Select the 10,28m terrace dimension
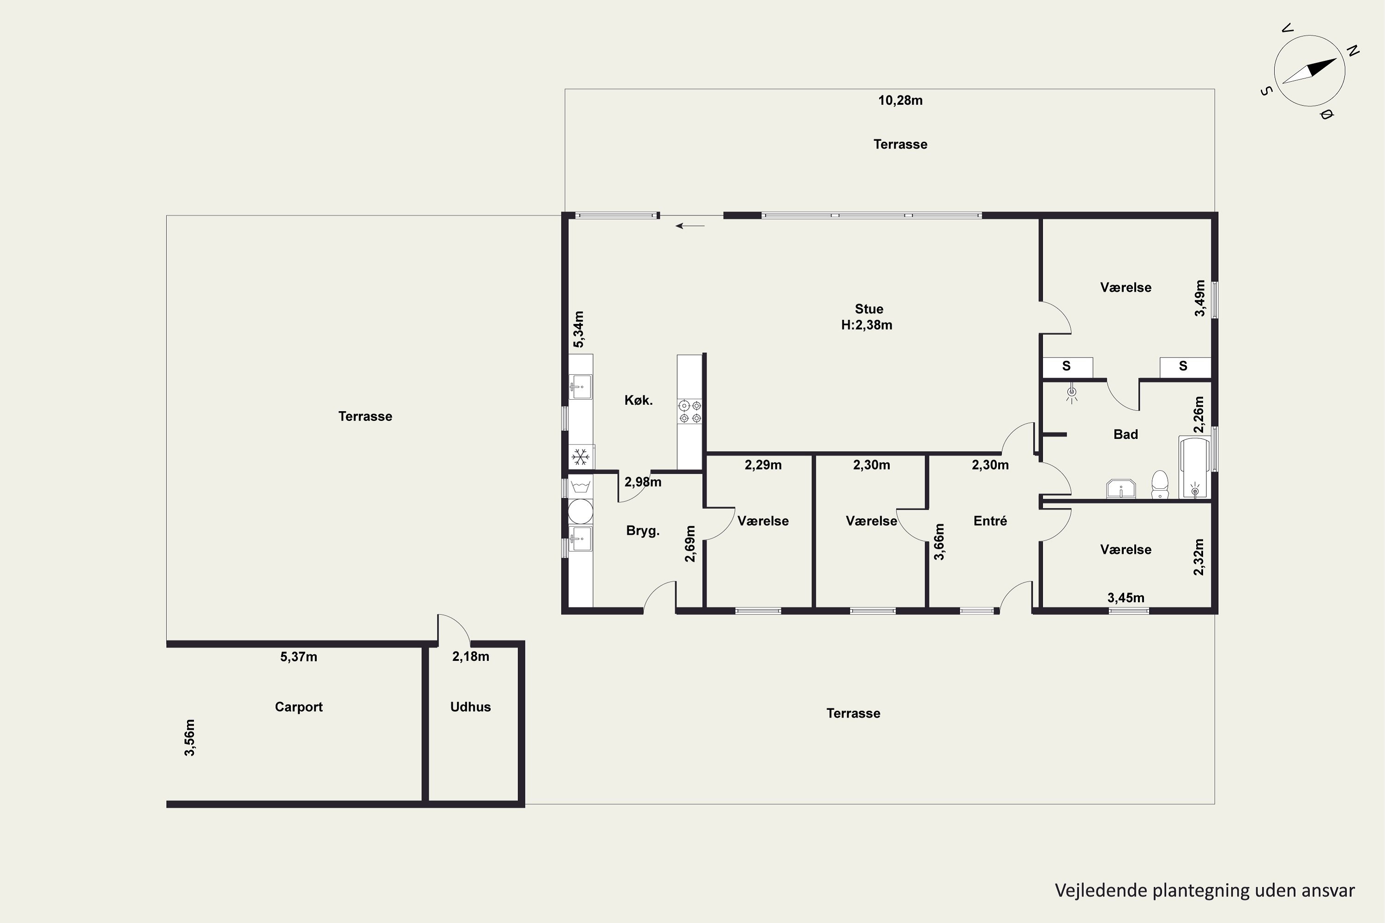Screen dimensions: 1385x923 (900, 101)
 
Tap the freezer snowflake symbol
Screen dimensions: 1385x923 (581, 456)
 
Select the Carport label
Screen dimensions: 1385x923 (299, 707)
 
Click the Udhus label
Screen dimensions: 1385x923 (470, 707)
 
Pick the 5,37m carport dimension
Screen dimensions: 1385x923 (299, 657)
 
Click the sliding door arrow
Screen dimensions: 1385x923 (690, 226)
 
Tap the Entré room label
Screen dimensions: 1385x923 (990, 521)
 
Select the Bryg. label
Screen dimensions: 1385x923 (643, 531)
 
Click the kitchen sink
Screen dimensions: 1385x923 (581, 387)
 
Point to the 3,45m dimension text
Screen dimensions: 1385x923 (1126, 598)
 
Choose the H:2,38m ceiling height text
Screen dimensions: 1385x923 (867, 325)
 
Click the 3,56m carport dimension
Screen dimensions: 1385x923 (190, 737)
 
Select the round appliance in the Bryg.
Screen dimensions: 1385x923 (581, 511)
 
